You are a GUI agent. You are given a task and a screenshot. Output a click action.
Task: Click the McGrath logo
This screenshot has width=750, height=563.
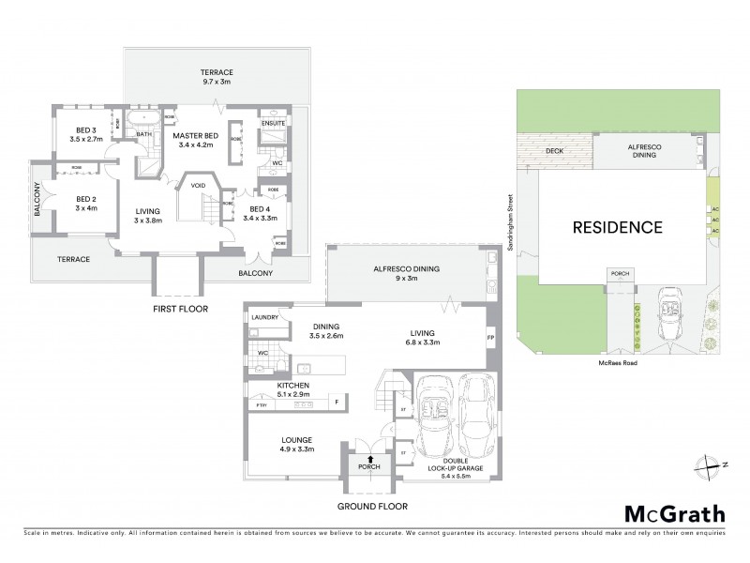(674, 513)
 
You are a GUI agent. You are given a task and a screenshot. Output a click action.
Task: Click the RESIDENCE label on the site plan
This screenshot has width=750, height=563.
(618, 227)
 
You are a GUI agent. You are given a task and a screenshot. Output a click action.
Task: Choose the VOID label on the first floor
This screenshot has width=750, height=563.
(199, 185)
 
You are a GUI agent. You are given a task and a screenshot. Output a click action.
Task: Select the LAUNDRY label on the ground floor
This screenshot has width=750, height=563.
(265, 318)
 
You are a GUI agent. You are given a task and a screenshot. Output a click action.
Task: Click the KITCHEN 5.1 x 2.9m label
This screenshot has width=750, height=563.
(293, 390)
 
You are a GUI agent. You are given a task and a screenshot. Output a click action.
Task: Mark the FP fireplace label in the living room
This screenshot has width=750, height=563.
(490, 337)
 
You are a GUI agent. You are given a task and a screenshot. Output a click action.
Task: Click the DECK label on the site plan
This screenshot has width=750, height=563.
(549, 149)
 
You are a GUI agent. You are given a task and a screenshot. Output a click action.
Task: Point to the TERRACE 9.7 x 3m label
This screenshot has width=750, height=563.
(216, 77)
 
